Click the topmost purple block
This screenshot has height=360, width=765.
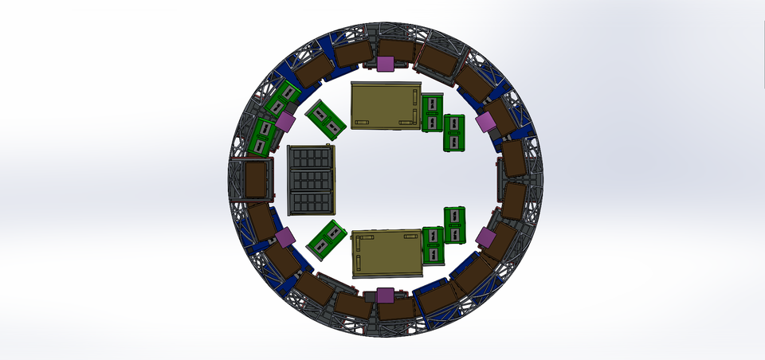(x=386, y=65)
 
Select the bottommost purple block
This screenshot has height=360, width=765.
(x=386, y=295)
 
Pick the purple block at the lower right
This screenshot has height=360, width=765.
(x=484, y=237)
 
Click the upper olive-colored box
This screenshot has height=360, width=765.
(x=386, y=105)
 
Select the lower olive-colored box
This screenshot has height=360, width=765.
(x=386, y=253)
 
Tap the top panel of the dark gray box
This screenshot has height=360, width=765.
(x=312, y=158)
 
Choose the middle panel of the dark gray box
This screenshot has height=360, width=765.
(x=312, y=180)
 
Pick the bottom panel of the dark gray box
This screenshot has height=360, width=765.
(x=312, y=202)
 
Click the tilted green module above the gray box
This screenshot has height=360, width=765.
(x=325, y=116)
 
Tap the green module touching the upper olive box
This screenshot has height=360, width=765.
(x=431, y=112)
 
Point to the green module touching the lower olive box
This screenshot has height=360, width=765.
(x=431, y=245)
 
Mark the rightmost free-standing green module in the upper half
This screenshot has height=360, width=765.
(x=454, y=133)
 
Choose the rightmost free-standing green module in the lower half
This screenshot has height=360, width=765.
(x=454, y=225)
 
